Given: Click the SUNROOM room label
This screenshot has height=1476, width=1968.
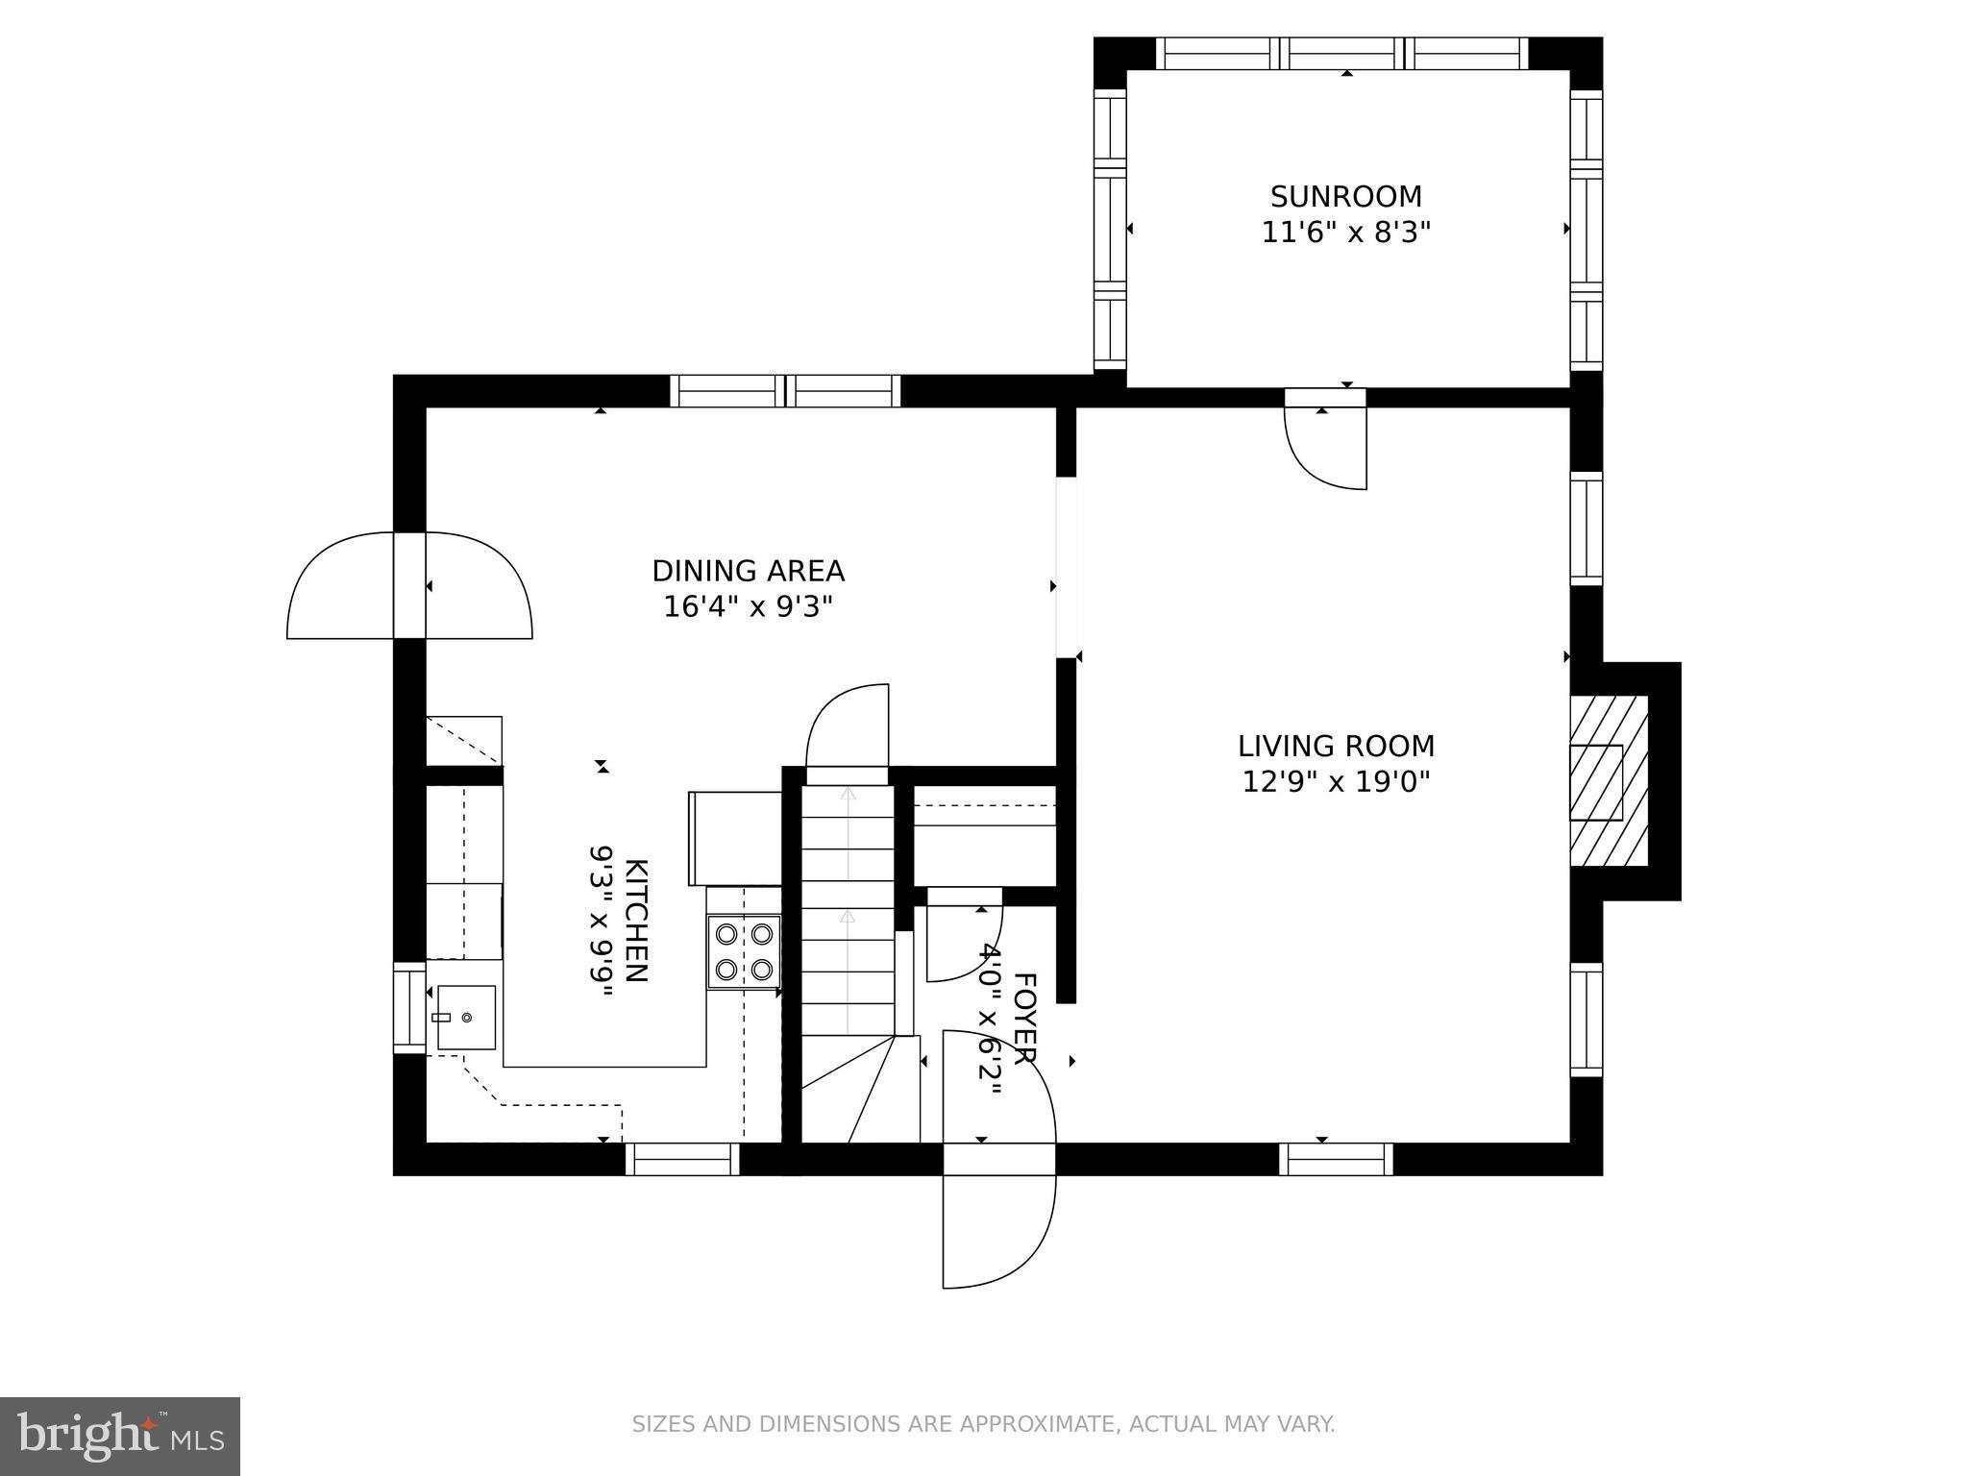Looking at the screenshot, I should [1345, 197].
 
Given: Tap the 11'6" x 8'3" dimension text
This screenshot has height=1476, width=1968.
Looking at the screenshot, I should [1345, 234].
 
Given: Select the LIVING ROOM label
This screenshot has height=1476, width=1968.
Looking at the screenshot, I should [1336, 746].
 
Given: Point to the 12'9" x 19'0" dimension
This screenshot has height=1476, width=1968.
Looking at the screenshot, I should [1336, 782].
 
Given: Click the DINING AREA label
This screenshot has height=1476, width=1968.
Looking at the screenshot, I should [748, 571].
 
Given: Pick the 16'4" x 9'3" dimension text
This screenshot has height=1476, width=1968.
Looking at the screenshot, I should [748, 607].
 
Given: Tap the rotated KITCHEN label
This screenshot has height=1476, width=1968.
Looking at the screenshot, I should [636, 920].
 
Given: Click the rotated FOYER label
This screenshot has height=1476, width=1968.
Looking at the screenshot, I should [1024, 1018].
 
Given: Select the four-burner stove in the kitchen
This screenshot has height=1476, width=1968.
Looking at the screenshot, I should [744, 951].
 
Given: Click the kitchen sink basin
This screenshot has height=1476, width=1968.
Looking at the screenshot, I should [467, 1017].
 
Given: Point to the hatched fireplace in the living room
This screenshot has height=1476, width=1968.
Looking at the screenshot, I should [1608, 781].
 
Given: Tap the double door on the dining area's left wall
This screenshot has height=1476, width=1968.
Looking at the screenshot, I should [409, 584].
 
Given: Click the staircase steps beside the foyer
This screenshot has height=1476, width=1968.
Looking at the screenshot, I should [848, 922].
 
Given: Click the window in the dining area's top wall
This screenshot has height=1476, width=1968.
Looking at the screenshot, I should [785, 391].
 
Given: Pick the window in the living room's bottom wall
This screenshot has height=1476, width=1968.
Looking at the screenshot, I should [1335, 1159].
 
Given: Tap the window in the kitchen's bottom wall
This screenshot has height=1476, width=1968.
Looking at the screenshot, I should [682, 1159].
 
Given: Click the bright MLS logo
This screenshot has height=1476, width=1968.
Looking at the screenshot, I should [119, 1437].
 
